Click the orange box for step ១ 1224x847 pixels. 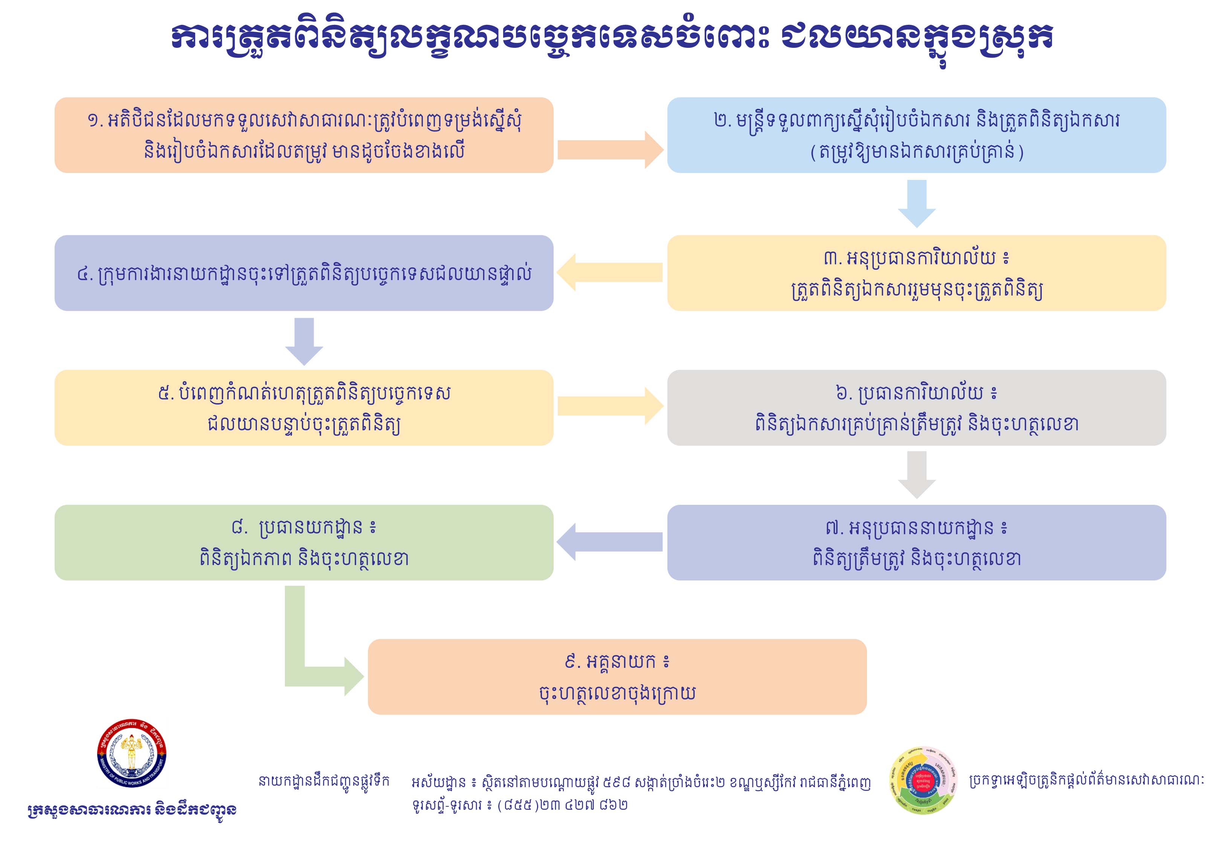click(x=304, y=135)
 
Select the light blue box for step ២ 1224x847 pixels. click(x=916, y=135)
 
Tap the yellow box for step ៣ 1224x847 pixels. click(x=916, y=273)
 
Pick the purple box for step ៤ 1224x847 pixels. click(x=304, y=273)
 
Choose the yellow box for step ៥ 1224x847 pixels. click(x=304, y=408)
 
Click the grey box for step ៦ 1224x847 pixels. click(x=916, y=408)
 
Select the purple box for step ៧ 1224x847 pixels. click(x=916, y=542)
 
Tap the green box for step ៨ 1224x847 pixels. click(x=304, y=542)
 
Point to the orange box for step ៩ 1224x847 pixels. click(x=617, y=676)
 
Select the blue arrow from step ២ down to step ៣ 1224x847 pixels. click(x=917, y=203)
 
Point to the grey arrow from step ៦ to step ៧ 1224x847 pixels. click(x=917, y=474)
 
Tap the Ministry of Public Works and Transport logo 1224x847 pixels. click(x=132, y=754)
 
